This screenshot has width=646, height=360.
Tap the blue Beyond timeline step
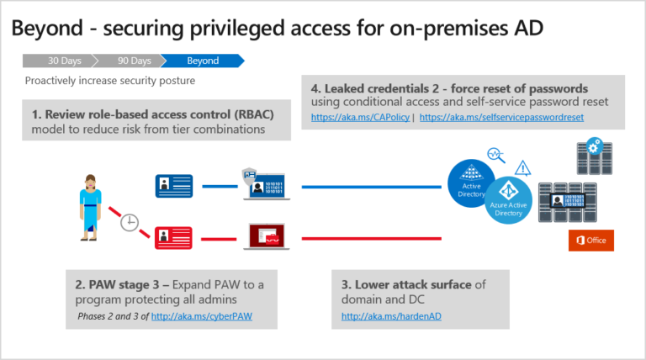click(x=202, y=61)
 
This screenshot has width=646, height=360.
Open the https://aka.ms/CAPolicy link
click(x=360, y=118)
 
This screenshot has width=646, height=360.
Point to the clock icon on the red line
click(x=129, y=223)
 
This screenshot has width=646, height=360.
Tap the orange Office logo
click(x=591, y=240)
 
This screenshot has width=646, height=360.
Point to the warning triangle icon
click(x=522, y=167)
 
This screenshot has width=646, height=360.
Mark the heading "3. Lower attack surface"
click(x=407, y=284)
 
